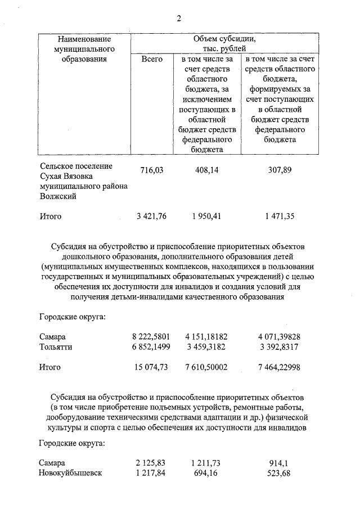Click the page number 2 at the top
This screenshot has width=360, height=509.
(179, 19)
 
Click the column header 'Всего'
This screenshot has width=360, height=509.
(152, 58)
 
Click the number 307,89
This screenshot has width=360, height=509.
(280, 170)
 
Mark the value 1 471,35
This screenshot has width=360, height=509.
(280, 215)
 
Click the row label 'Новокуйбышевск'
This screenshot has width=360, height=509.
(70, 473)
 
